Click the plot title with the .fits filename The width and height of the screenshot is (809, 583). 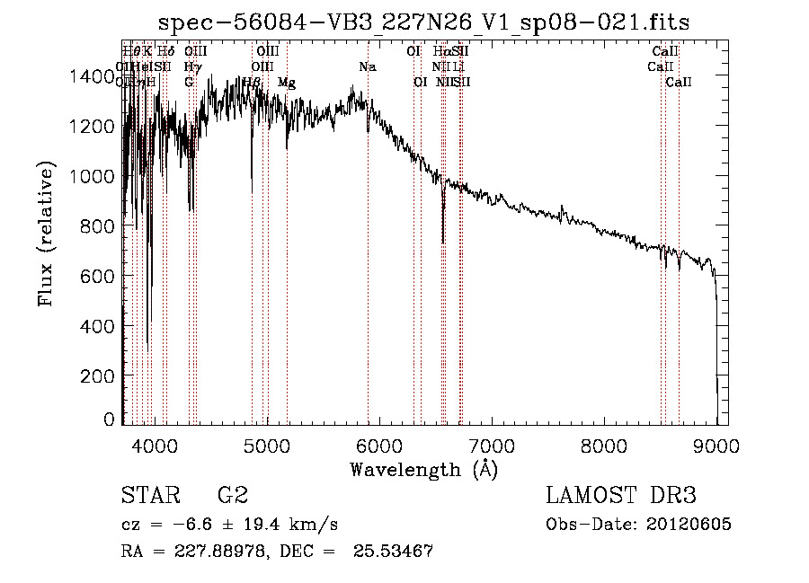click(x=423, y=22)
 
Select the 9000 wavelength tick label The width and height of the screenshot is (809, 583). click(x=716, y=445)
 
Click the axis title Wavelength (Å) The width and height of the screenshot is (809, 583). click(x=423, y=469)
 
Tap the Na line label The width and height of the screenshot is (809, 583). click(x=367, y=66)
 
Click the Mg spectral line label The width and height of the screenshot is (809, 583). click(x=286, y=83)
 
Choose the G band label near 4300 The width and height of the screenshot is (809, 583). click(x=189, y=82)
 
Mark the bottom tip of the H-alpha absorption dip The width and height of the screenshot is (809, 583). click(x=443, y=242)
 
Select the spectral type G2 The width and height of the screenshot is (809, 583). click(x=233, y=495)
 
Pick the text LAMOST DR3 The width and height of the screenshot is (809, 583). click(x=620, y=495)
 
